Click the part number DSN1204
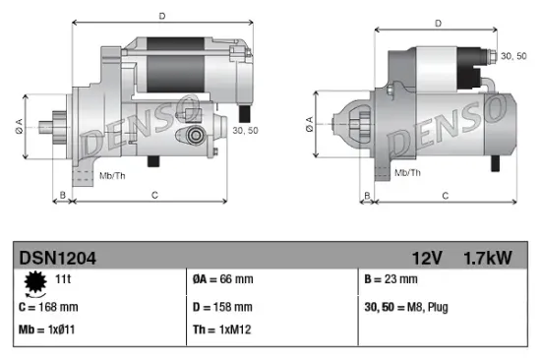coord(55,258)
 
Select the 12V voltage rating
coord(427,258)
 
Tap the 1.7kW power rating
coord(488,258)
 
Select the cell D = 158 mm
coord(223,307)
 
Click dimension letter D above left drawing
coord(160,16)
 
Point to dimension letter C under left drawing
coord(155,196)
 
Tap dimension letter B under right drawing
coord(367,196)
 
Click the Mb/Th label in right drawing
coord(407,172)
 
